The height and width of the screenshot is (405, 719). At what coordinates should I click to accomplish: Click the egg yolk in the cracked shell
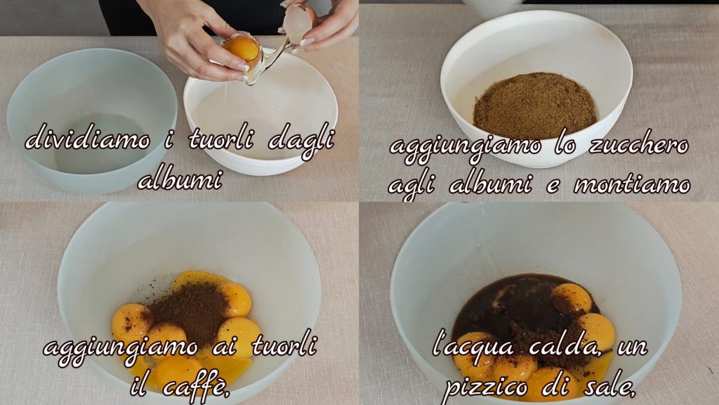tap(242, 48)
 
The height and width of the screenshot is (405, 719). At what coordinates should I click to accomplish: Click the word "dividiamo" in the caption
tap(88, 138)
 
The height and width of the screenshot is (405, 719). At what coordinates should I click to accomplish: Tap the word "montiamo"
tap(633, 185)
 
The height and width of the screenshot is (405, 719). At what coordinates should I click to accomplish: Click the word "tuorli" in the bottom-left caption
tap(284, 345)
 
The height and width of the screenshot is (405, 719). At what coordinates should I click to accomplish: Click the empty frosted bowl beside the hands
tap(92, 120)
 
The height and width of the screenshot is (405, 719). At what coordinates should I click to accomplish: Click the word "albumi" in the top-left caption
tap(179, 180)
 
